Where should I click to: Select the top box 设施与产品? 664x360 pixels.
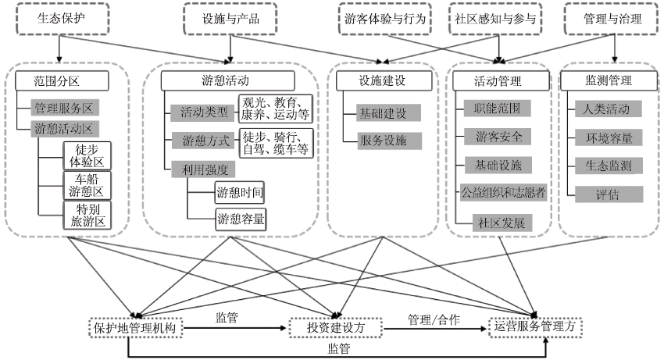click(230, 18)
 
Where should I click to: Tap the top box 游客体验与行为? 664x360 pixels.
click(386, 18)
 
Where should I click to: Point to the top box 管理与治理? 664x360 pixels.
click(613, 18)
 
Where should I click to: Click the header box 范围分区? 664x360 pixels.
click(59, 80)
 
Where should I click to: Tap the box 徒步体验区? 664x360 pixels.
click(87, 155)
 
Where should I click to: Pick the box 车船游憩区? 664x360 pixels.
click(87, 185)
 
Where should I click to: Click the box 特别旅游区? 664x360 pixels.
click(87, 215)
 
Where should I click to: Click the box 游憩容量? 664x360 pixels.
click(240, 219)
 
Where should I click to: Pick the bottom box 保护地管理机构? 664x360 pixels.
click(137, 328)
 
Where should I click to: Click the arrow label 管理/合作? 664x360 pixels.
click(434, 320)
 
